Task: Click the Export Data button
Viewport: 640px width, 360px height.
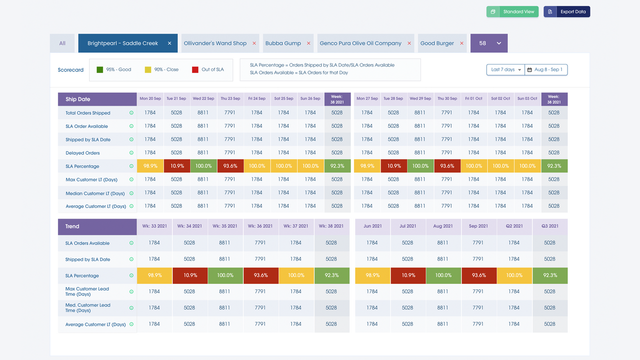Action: (x=566, y=11)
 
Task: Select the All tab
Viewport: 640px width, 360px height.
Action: (x=62, y=43)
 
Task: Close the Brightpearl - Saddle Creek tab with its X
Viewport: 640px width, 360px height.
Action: (x=169, y=43)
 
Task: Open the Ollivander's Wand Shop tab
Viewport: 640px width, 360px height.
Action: (x=215, y=43)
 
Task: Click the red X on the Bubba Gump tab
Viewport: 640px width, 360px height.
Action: (x=308, y=43)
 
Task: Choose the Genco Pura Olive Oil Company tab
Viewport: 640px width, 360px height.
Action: (x=360, y=43)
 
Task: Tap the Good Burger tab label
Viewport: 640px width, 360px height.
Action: (x=437, y=43)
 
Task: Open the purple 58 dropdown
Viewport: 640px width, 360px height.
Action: (x=489, y=43)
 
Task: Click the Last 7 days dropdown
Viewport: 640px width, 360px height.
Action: (x=505, y=69)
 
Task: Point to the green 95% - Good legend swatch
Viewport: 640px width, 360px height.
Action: (x=99, y=69)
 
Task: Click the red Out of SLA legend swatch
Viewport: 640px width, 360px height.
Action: (x=195, y=69)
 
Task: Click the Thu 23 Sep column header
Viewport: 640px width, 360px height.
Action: (x=230, y=98)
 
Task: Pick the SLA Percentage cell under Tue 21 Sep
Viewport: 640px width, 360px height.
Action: (x=176, y=166)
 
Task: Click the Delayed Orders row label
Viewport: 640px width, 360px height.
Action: (x=82, y=153)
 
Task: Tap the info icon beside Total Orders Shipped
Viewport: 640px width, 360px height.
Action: (x=131, y=113)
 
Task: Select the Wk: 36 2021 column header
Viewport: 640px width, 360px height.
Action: (x=260, y=226)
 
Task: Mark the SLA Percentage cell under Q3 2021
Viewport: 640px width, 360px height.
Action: (x=549, y=275)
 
